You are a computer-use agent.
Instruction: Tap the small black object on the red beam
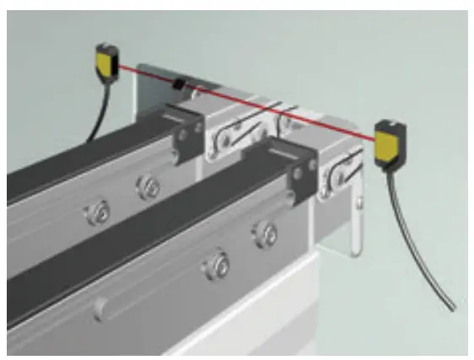(178, 83)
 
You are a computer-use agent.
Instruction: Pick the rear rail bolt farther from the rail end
(94, 212)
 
